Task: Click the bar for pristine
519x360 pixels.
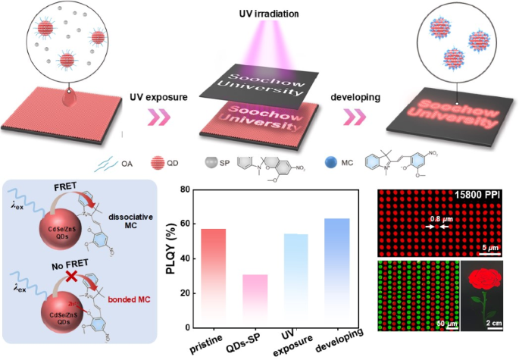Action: click(213, 277)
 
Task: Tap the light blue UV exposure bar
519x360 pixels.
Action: click(295, 280)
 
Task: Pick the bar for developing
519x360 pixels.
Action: click(336, 273)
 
